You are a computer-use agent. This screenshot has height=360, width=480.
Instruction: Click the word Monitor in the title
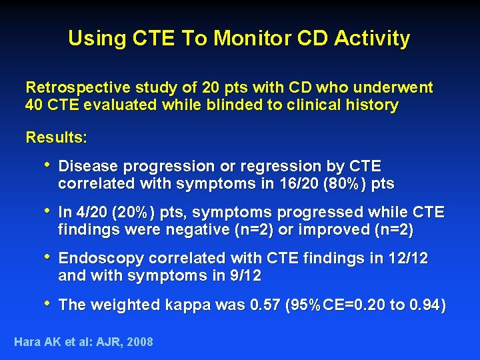click(243, 38)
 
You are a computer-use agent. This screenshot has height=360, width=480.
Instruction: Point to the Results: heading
click(56, 138)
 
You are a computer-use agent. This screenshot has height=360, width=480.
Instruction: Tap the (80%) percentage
click(345, 183)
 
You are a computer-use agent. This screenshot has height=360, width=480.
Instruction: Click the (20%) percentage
click(134, 213)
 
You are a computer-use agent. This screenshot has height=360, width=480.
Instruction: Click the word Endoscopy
click(101, 259)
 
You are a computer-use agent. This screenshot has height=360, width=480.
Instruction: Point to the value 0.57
click(265, 305)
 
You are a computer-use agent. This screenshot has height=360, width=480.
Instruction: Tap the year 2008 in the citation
click(139, 342)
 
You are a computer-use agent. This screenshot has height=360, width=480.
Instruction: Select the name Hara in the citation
click(27, 342)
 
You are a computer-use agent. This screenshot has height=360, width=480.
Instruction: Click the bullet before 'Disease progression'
click(46, 165)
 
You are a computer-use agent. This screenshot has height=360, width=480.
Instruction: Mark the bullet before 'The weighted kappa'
click(46, 304)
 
